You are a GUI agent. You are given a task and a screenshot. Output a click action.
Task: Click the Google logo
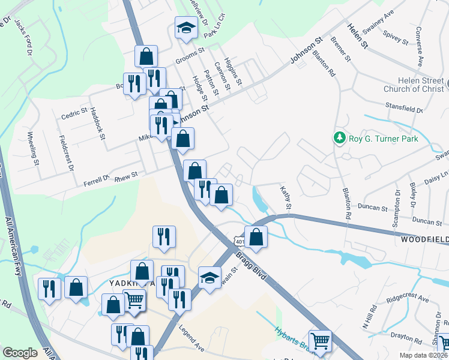coord(20,353)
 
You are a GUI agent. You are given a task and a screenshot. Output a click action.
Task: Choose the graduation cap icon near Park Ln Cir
coord(186,28)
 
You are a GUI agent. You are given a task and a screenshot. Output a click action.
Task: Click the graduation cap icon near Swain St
coord(209,278)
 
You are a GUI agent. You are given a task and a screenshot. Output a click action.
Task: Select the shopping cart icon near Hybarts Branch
coord(321,341)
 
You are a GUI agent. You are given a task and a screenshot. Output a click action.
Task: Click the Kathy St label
coord(286,197)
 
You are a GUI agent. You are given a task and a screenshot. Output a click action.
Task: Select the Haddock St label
coord(97,124)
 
